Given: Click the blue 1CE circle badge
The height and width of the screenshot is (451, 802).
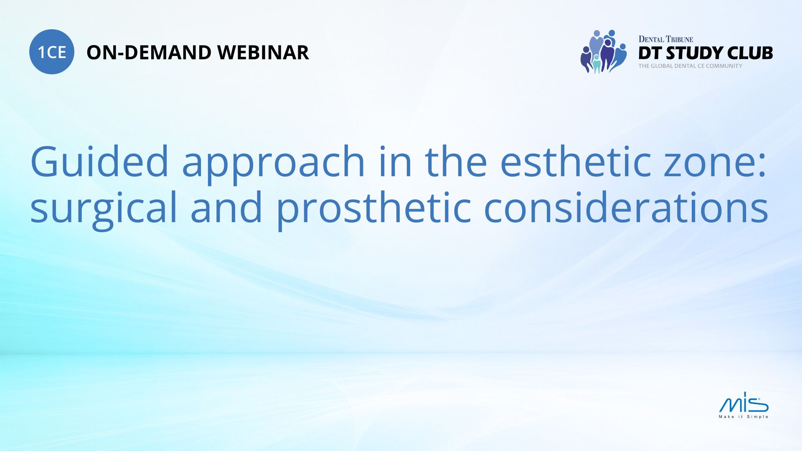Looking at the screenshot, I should click(x=52, y=52).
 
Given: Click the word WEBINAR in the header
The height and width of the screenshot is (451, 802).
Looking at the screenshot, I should click(x=263, y=53).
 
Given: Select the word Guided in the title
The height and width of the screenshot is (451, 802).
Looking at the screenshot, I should click(x=99, y=162).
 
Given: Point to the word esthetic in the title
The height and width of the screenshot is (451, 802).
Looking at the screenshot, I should click(x=575, y=162).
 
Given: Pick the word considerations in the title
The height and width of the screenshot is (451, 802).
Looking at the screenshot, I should click(x=626, y=208).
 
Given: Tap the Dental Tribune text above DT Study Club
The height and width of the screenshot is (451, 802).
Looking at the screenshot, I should click(x=665, y=39).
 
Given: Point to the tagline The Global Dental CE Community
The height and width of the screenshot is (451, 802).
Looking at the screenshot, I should click(x=690, y=66).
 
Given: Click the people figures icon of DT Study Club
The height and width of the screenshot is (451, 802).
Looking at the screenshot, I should click(x=604, y=51).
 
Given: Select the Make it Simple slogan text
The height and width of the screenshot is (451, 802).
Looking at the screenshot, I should click(x=744, y=417).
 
